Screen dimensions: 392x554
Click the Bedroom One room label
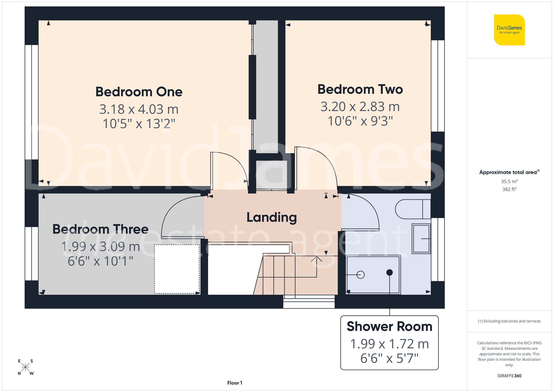139,92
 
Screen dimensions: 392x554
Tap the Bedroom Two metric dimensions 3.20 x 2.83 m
360,107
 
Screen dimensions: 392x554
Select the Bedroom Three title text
101,229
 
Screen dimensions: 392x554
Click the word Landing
271,217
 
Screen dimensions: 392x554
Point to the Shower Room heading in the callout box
389,327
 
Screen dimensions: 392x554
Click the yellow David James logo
509,30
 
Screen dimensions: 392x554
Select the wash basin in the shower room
421,239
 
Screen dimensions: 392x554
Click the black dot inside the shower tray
389,272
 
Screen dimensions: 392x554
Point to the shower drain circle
360,275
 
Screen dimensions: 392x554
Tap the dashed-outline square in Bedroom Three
177,269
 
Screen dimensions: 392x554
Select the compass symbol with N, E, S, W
25,367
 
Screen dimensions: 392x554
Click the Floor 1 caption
235,383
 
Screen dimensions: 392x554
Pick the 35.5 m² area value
509,181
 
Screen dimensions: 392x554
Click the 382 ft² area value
509,189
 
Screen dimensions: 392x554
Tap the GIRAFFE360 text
509,376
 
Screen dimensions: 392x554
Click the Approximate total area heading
509,172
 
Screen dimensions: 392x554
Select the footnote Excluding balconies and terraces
509,321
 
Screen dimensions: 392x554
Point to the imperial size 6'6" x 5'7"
389,358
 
